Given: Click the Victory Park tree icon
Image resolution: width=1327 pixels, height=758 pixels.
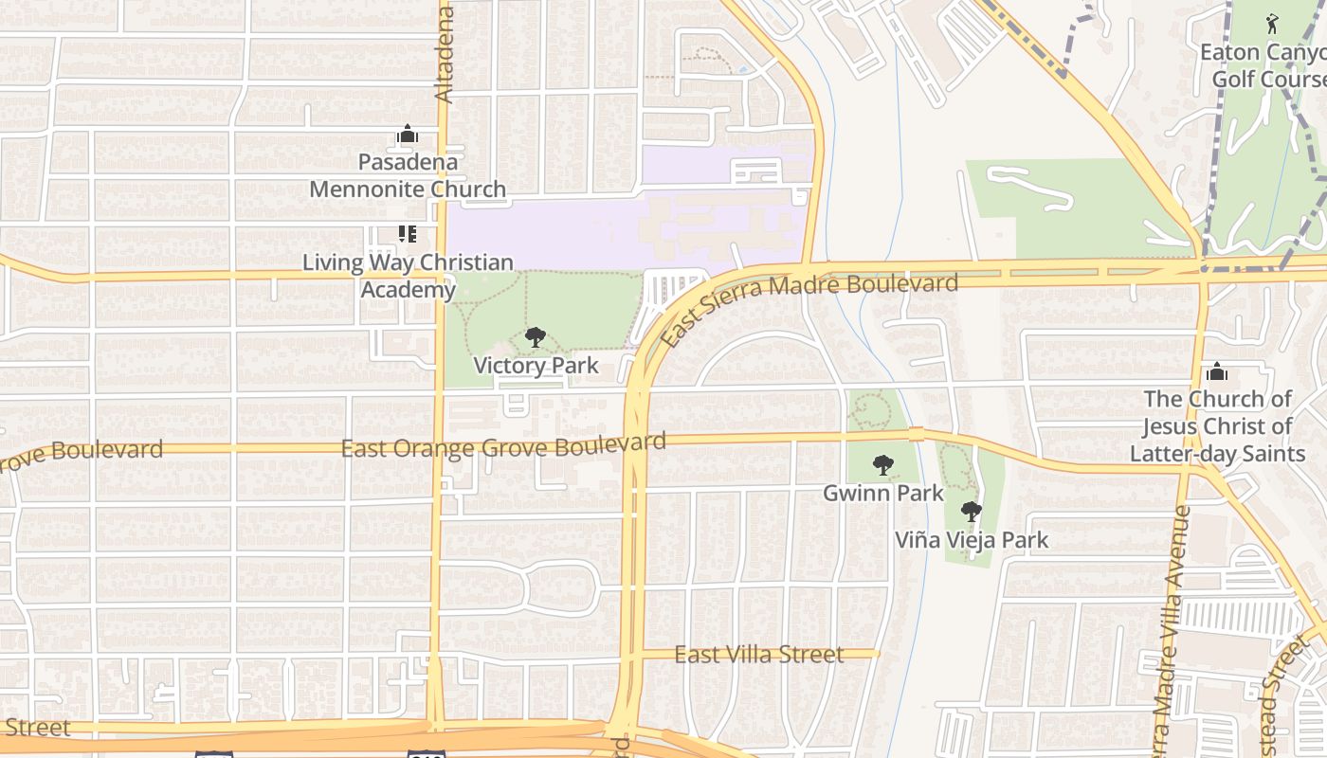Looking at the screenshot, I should pos(536,336).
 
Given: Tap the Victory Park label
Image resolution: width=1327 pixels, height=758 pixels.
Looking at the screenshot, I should pos(536,366).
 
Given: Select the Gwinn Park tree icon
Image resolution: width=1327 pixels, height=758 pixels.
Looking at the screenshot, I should pos(883,464).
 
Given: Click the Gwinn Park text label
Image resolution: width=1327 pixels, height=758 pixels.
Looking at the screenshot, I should pos(883,493).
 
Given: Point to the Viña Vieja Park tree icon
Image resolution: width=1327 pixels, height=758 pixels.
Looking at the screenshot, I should pos(971,512).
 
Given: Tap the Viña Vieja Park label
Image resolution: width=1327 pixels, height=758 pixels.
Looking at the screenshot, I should pos(973,540).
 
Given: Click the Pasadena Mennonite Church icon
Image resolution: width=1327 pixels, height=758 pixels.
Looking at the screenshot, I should pos(408,134).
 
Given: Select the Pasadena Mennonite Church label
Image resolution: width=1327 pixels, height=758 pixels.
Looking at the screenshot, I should pos(408,175).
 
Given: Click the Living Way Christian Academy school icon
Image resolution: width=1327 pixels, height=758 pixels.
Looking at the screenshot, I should pos(408,233).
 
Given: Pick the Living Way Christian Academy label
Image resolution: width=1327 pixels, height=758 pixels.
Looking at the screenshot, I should pos(408,276).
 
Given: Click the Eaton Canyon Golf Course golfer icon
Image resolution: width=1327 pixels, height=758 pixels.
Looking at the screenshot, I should pos(1272,23).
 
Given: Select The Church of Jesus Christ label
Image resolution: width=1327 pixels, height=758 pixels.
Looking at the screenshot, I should pos(1217,426).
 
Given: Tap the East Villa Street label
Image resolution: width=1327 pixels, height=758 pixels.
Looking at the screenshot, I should pos(758,655).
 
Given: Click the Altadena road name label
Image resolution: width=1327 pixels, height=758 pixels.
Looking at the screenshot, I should pos(444,54).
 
